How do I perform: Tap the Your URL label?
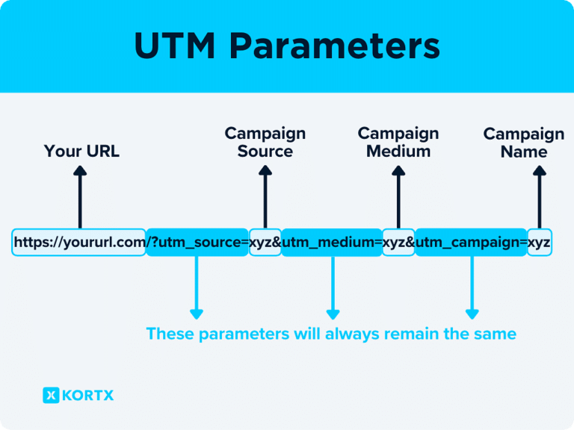[x=81, y=152]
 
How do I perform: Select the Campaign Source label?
[x=265, y=142]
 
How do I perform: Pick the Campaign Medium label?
[x=398, y=142]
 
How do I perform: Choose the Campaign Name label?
[x=524, y=143]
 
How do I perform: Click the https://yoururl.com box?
[x=79, y=243]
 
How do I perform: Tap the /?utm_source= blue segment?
[x=197, y=243]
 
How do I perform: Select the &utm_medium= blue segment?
[x=332, y=243]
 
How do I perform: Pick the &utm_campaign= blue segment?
[x=471, y=243]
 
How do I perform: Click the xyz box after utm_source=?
[x=265, y=243]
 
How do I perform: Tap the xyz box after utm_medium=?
[x=398, y=243]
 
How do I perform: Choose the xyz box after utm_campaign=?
[x=539, y=243]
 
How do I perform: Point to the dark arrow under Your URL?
[x=80, y=198]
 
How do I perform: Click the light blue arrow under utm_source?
[x=197, y=288]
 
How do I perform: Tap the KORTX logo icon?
[x=51, y=396]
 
